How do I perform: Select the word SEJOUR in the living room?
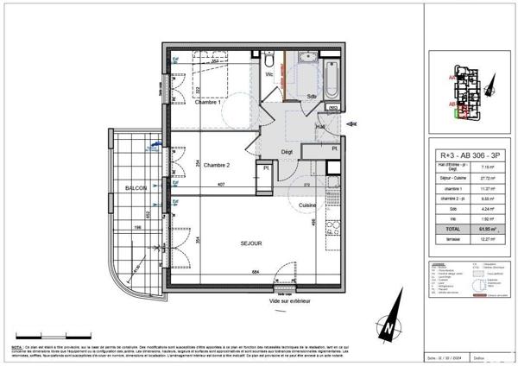[x=251, y=243]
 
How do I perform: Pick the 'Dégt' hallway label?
[x=287, y=153]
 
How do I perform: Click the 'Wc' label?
[x=269, y=74]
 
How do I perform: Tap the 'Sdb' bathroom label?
[x=312, y=95]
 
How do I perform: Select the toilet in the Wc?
[x=270, y=62]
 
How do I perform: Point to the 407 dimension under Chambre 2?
[x=221, y=185]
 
